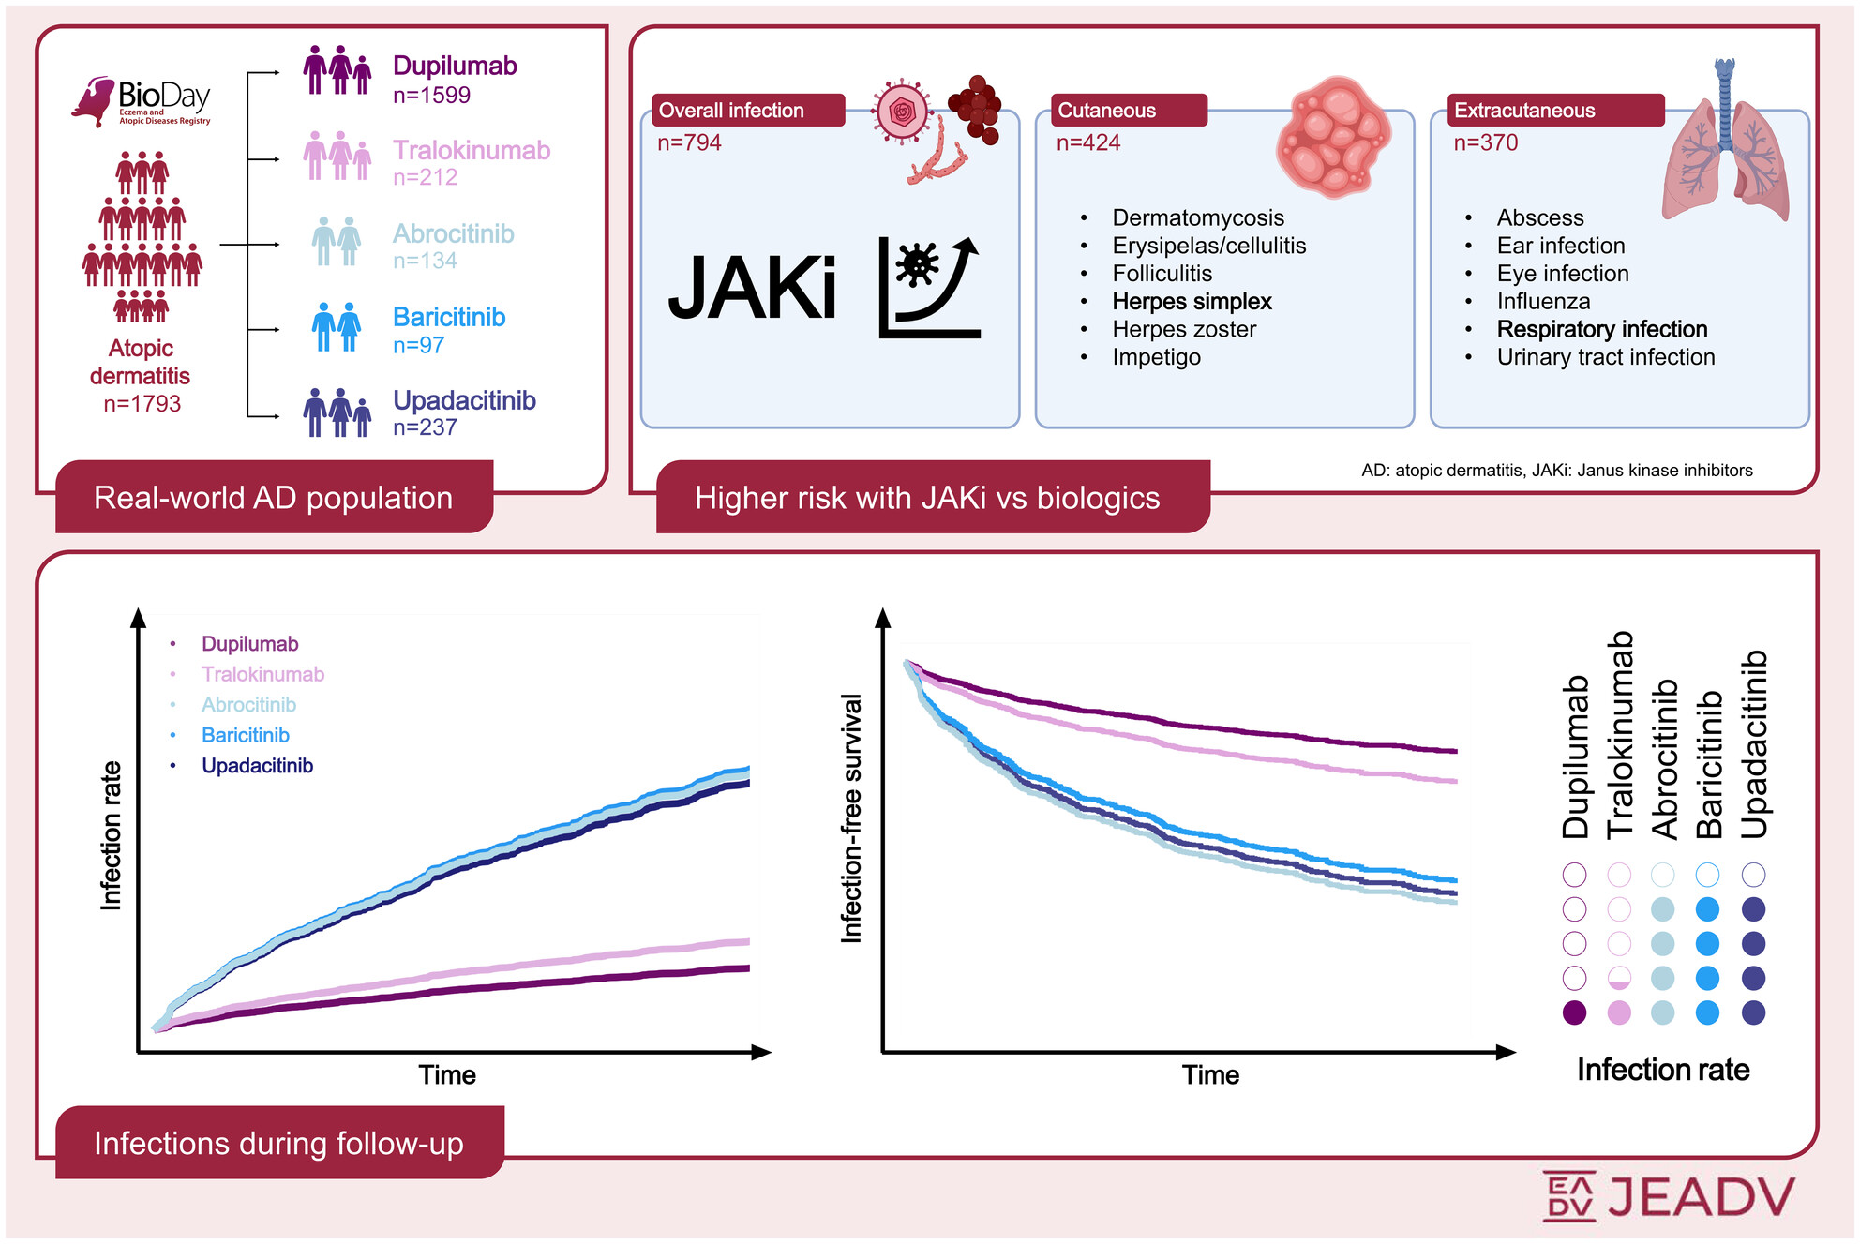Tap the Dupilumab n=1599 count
click(x=431, y=96)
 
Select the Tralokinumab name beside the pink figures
click(x=471, y=150)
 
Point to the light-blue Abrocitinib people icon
click(x=336, y=241)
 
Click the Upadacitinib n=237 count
click(x=425, y=427)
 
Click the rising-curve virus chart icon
click(x=929, y=287)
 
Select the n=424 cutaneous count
click(x=1087, y=142)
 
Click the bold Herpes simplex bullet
click(x=1192, y=302)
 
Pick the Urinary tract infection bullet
click(x=1605, y=357)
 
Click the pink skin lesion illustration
click(x=1333, y=137)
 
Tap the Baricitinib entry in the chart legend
click(x=245, y=735)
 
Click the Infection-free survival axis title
click(x=850, y=817)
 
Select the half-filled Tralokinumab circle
click(x=1619, y=979)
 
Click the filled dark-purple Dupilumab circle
click(x=1574, y=1012)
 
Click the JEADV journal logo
click(x=1670, y=1196)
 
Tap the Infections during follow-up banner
click(x=279, y=1143)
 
